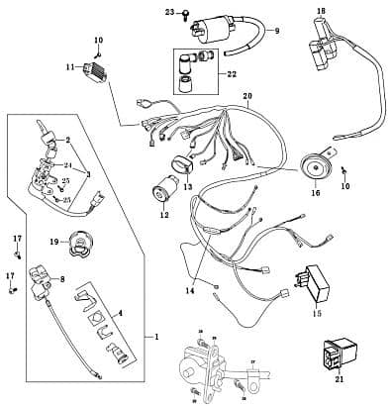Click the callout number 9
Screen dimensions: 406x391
coord(276,31)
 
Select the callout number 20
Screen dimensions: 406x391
coord(247,96)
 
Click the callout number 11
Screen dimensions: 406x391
coord(70,67)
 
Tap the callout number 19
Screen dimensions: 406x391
coord(52,241)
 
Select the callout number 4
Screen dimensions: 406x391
coord(121,313)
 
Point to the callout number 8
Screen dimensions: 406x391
coord(62,281)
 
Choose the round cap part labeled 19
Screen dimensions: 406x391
coord(78,241)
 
